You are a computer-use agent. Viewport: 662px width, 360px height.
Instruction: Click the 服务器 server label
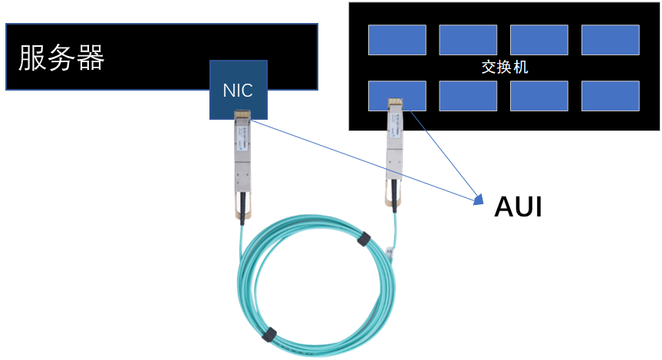(61, 58)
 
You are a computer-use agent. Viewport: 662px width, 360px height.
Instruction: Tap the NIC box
(238, 90)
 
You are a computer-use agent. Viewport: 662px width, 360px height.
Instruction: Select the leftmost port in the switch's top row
(397, 40)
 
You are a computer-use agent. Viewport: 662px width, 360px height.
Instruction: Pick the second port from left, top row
(468, 40)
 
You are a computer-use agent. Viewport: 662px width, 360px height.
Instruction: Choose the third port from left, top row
(538, 40)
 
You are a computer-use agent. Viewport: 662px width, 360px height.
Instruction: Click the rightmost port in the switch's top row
(610, 40)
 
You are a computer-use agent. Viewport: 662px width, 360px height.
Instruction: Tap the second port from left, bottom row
(468, 96)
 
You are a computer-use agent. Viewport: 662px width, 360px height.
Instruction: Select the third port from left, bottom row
(538, 96)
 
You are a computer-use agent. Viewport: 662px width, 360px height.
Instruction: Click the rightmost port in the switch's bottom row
(610, 96)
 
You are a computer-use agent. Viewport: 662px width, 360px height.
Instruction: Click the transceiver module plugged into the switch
(395, 154)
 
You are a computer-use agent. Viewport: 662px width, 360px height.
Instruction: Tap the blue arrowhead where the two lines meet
(479, 199)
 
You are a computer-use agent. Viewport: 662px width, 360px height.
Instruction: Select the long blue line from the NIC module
(361, 159)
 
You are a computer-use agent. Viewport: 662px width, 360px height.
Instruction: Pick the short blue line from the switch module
(445, 154)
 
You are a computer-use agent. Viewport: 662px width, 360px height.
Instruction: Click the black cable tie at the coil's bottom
(268, 335)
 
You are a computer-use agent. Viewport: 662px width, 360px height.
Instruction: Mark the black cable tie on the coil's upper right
(364, 239)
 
